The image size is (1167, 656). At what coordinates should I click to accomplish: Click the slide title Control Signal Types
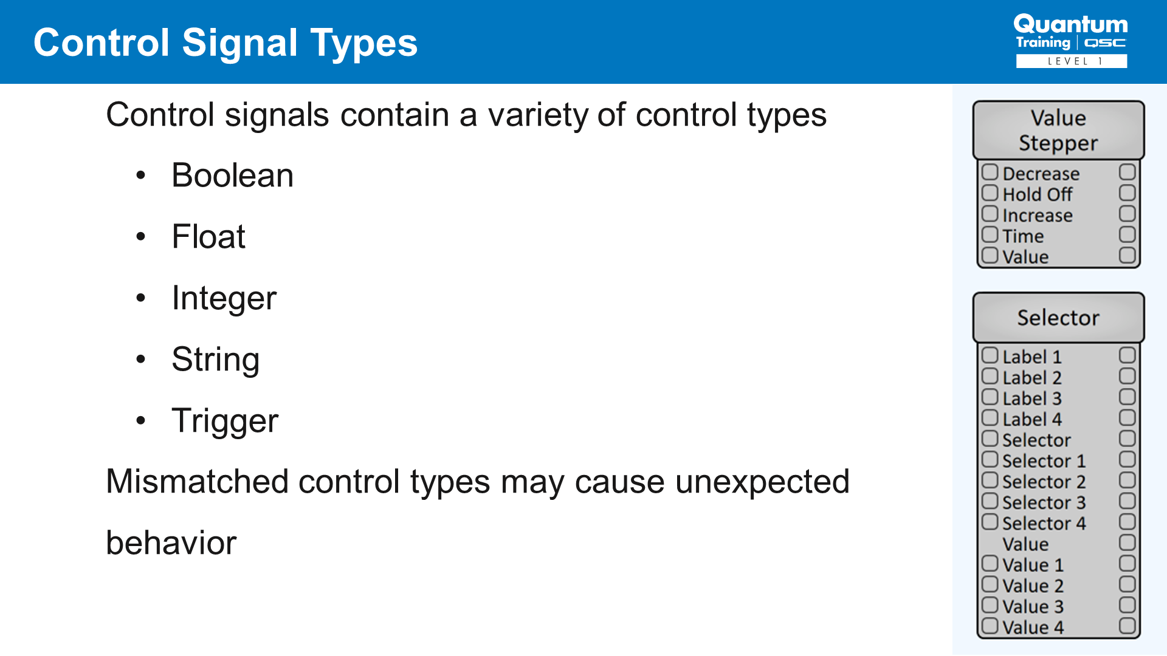point(225,43)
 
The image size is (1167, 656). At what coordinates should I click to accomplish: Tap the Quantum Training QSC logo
point(1071,41)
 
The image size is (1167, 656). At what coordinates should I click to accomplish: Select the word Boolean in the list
point(232,176)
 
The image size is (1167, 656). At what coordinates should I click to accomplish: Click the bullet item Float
point(208,236)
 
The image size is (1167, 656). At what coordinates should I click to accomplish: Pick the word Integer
point(224,299)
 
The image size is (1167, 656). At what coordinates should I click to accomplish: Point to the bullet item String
point(215,360)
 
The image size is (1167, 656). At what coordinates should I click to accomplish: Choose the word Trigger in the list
point(225,422)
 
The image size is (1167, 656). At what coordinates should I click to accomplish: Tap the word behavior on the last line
point(171,542)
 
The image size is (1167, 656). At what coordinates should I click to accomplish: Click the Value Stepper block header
point(1058,131)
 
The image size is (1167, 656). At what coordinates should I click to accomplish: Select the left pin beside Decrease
point(990,172)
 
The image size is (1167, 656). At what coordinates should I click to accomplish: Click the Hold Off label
point(1037,194)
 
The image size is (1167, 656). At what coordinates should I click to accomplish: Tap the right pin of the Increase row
point(1127,214)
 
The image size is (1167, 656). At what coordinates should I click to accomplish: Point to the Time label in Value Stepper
point(1023,236)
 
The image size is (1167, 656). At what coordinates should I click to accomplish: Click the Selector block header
point(1058,318)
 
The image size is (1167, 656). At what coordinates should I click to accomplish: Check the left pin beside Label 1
point(990,355)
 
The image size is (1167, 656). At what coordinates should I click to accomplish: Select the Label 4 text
point(1032,419)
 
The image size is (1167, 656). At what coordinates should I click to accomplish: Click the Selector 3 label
point(1044,502)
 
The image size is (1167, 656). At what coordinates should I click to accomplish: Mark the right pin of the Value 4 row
point(1127,626)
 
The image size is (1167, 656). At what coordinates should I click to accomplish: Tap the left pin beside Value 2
point(990,584)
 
